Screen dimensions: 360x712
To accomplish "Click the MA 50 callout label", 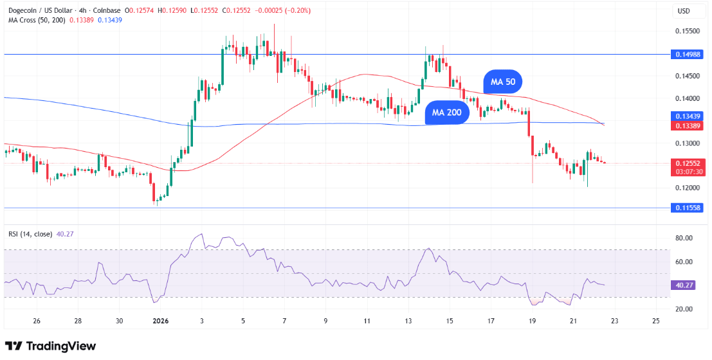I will [x=503, y=82].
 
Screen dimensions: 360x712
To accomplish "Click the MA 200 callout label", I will [x=447, y=113].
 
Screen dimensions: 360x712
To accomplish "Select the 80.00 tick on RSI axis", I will [x=684, y=239].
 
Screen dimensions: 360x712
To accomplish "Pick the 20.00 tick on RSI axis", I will [x=684, y=309].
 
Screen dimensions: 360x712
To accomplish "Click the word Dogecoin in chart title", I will [x=22, y=10].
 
